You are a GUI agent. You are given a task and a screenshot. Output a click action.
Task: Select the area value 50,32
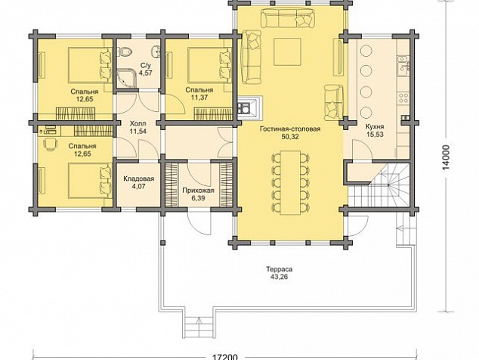pos(290,137)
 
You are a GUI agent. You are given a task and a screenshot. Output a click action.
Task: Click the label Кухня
pos(376,126)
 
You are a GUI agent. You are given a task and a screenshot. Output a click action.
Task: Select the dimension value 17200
pos(224,357)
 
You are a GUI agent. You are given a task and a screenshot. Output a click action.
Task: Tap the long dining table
pos(290,182)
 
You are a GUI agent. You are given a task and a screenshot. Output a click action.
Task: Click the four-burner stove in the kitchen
pos(403,98)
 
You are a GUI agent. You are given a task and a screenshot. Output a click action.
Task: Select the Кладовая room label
pos(139,179)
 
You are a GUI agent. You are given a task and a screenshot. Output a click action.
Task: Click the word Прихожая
pos(198,191)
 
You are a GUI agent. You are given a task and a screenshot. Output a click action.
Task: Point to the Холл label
pos(138,124)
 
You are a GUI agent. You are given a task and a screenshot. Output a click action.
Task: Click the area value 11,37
pos(199,98)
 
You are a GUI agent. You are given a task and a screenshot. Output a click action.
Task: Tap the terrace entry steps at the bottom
pos(199,327)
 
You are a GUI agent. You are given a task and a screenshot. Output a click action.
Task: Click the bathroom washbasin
pos(156,51)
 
